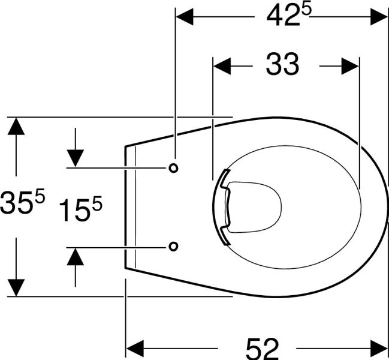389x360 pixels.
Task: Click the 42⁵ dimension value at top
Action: (x=289, y=16)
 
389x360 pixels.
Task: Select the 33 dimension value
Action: (x=282, y=65)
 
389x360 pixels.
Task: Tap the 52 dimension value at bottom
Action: (x=263, y=348)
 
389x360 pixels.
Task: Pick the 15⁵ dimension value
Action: (x=81, y=209)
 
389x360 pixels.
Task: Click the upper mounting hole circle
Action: (x=173, y=168)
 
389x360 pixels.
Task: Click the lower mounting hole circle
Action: (x=173, y=246)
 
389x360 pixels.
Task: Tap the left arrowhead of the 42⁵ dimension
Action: (x=185, y=17)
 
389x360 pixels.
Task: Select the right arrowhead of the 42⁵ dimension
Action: (x=379, y=17)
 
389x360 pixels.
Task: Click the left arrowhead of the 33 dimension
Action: (x=222, y=66)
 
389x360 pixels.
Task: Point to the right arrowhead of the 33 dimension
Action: (x=350, y=66)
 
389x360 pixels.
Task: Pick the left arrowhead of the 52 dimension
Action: (x=135, y=349)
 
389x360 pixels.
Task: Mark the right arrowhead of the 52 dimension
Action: (x=379, y=349)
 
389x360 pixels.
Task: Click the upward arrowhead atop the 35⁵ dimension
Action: (x=16, y=126)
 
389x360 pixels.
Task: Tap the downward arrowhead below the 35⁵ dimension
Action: (x=16, y=287)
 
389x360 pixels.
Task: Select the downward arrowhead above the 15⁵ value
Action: (x=75, y=158)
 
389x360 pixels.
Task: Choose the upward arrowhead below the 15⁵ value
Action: (x=75, y=256)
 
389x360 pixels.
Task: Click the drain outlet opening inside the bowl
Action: (x=254, y=208)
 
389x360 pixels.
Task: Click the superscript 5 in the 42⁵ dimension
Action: (x=306, y=10)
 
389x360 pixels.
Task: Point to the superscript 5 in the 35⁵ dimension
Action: (x=40, y=194)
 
